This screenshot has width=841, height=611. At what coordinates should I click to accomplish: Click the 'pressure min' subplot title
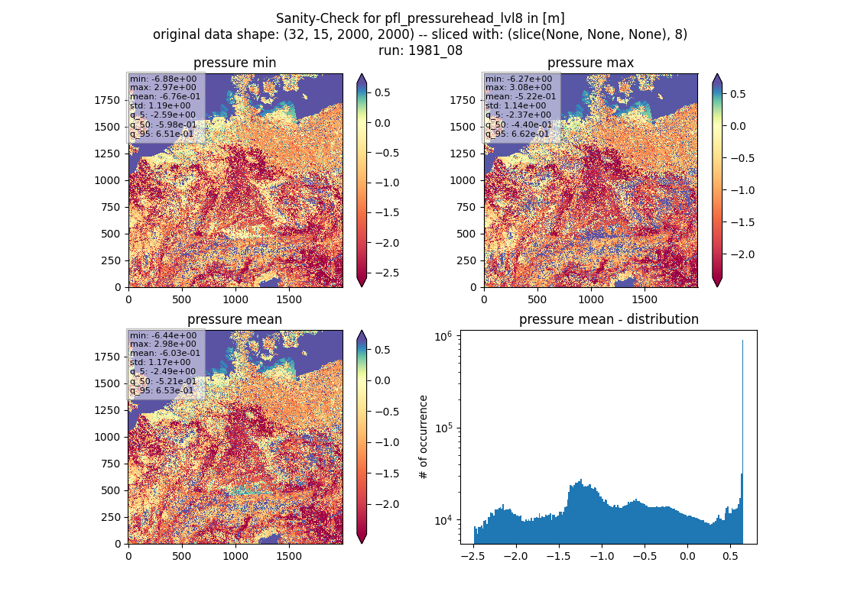[235, 63]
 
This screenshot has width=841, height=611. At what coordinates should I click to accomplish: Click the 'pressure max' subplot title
[590, 63]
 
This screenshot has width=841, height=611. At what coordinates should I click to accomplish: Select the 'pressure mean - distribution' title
[609, 319]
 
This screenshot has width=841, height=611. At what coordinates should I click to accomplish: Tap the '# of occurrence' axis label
[424, 437]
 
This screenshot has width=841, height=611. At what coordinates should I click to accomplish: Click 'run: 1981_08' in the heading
[420, 50]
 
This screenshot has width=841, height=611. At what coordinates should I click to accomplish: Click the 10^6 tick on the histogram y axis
[443, 337]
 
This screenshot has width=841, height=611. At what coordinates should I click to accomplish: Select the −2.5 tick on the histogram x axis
[472, 556]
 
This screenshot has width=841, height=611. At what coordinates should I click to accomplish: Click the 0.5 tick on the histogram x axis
[730, 556]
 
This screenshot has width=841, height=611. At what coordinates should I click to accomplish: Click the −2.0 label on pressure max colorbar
[742, 254]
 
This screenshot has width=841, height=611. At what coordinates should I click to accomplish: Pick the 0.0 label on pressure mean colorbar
[382, 380]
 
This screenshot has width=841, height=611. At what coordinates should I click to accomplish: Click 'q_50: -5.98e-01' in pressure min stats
[163, 124]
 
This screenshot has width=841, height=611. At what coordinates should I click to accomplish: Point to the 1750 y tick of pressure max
[463, 100]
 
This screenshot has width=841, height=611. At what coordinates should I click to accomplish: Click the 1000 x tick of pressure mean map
[235, 556]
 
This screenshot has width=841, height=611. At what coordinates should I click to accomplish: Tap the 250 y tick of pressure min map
[111, 260]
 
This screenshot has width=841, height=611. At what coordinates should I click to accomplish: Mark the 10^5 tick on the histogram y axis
[443, 428]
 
